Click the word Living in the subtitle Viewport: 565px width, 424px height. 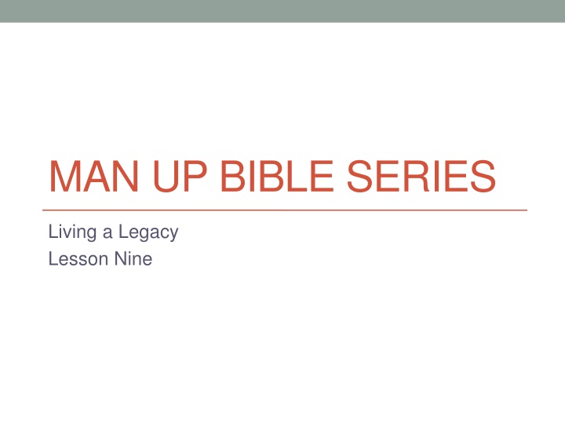(71, 232)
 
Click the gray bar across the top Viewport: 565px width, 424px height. (282, 11)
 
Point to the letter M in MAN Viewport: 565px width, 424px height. (65, 177)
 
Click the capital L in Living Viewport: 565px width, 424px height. (52, 232)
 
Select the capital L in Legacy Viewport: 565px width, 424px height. (119, 232)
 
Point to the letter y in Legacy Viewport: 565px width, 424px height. (174, 235)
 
